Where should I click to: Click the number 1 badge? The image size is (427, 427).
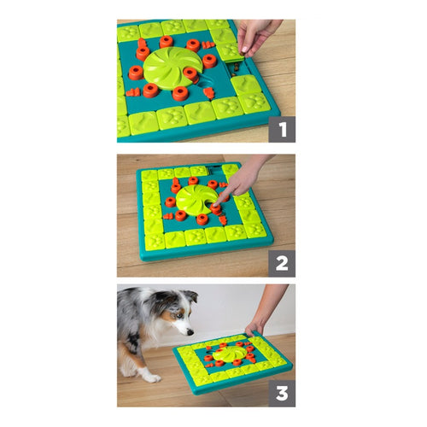tap(282, 130)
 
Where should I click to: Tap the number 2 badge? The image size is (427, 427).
tap(282, 262)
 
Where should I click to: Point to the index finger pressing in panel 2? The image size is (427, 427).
tap(224, 196)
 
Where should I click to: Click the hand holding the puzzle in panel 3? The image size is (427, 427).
tap(256, 325)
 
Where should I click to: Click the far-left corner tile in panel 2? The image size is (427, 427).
tap(149, 175)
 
